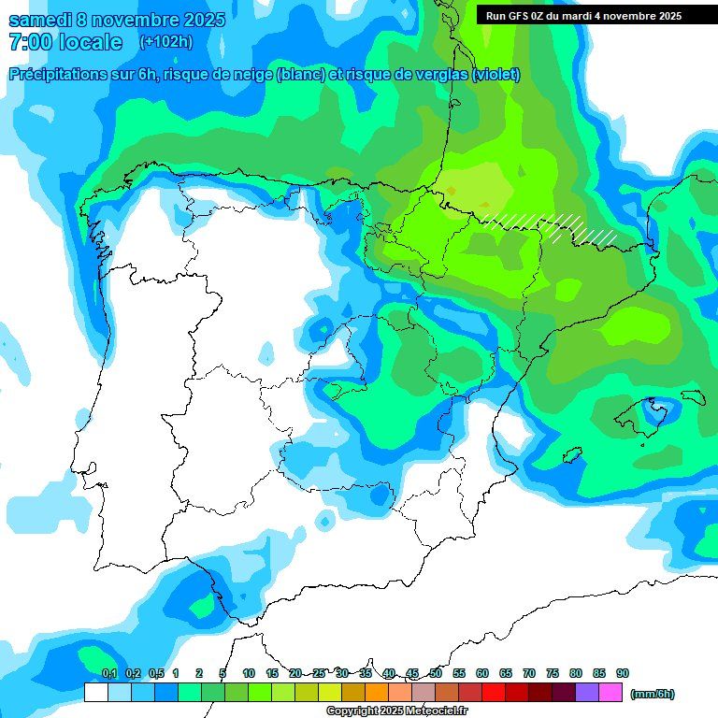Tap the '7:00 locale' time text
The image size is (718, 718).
coord(65,42)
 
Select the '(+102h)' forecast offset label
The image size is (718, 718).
coord(165,41)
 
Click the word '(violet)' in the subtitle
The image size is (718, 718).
coord(495,75)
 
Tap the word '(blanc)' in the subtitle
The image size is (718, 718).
coord(301,75)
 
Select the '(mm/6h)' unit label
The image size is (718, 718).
coord(652,694)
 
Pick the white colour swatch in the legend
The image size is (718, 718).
coord(95,693)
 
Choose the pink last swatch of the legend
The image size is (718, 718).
coord(610,693)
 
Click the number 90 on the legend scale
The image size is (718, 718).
coord(622,673)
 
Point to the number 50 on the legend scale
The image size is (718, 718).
coord(436,673)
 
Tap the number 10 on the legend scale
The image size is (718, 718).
coord(249,673)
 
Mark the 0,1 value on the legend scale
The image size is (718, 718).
coord(109,673)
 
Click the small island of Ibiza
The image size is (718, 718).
coord(571,455)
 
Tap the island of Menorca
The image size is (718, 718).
coord(692,396)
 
